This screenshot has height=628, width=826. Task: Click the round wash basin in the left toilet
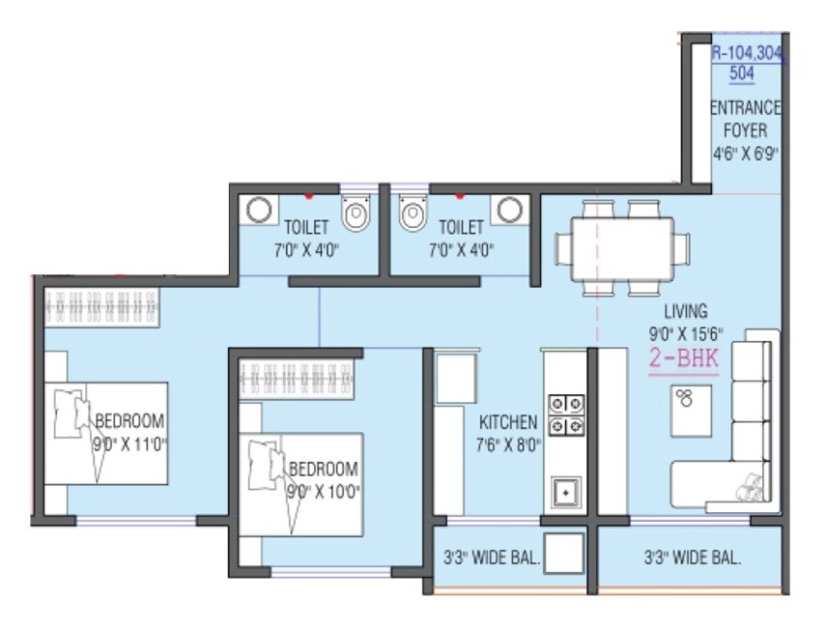point(257,210)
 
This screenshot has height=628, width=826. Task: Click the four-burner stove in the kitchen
point(565,414)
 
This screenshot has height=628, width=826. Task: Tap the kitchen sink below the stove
point(564,492)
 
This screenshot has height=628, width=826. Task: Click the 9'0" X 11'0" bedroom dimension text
point(129,446)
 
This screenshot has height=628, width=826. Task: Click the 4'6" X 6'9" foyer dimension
point(746,153)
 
